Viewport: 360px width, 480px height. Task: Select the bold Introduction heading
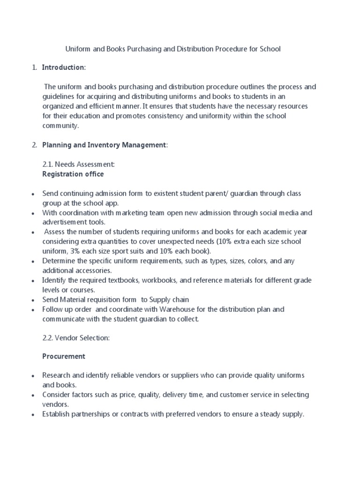63,67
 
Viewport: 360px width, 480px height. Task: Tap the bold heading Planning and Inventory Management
104,145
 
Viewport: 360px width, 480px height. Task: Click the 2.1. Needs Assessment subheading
78,165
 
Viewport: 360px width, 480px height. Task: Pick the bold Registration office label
73,174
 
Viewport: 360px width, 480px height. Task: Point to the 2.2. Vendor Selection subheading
76,338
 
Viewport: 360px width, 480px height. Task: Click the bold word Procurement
64,356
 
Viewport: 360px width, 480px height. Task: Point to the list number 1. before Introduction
34,67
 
